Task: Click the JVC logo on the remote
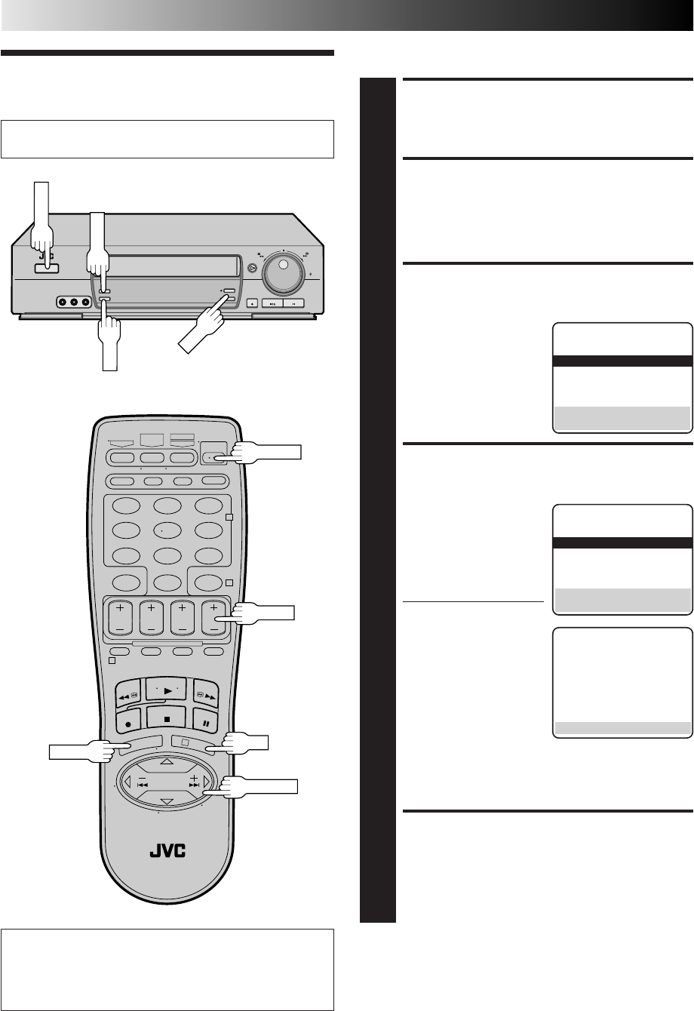[x=167, y=851]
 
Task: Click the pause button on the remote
[x=206, y=721]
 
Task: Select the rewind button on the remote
[x=128, y=694]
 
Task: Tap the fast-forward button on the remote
[x=206, y=694]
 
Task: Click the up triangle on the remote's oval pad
[x=167, y=761]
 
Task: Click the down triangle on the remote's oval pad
[x=167, y=801]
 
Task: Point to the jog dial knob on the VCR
[x=283, y=273]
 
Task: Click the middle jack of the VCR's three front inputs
[x=74, y=302]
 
